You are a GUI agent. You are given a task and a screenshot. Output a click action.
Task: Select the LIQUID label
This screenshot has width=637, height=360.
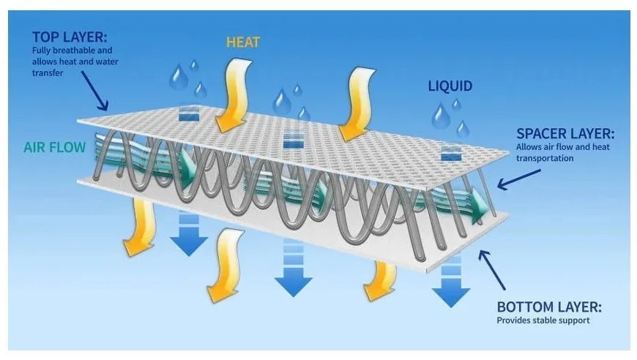(x=450, y=86)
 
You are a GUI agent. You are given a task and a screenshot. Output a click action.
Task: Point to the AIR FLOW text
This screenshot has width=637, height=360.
(x=54, y=147)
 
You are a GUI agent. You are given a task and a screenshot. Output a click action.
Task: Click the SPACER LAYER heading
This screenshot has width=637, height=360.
(x=565, y=134)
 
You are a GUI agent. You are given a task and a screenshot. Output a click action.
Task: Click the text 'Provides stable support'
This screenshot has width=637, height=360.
(x=543, y=320)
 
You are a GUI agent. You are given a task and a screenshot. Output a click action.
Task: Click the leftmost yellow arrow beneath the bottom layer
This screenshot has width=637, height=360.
(x=140, y=230)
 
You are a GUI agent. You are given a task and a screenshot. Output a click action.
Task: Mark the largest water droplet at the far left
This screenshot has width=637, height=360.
(x=178, y=78)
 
